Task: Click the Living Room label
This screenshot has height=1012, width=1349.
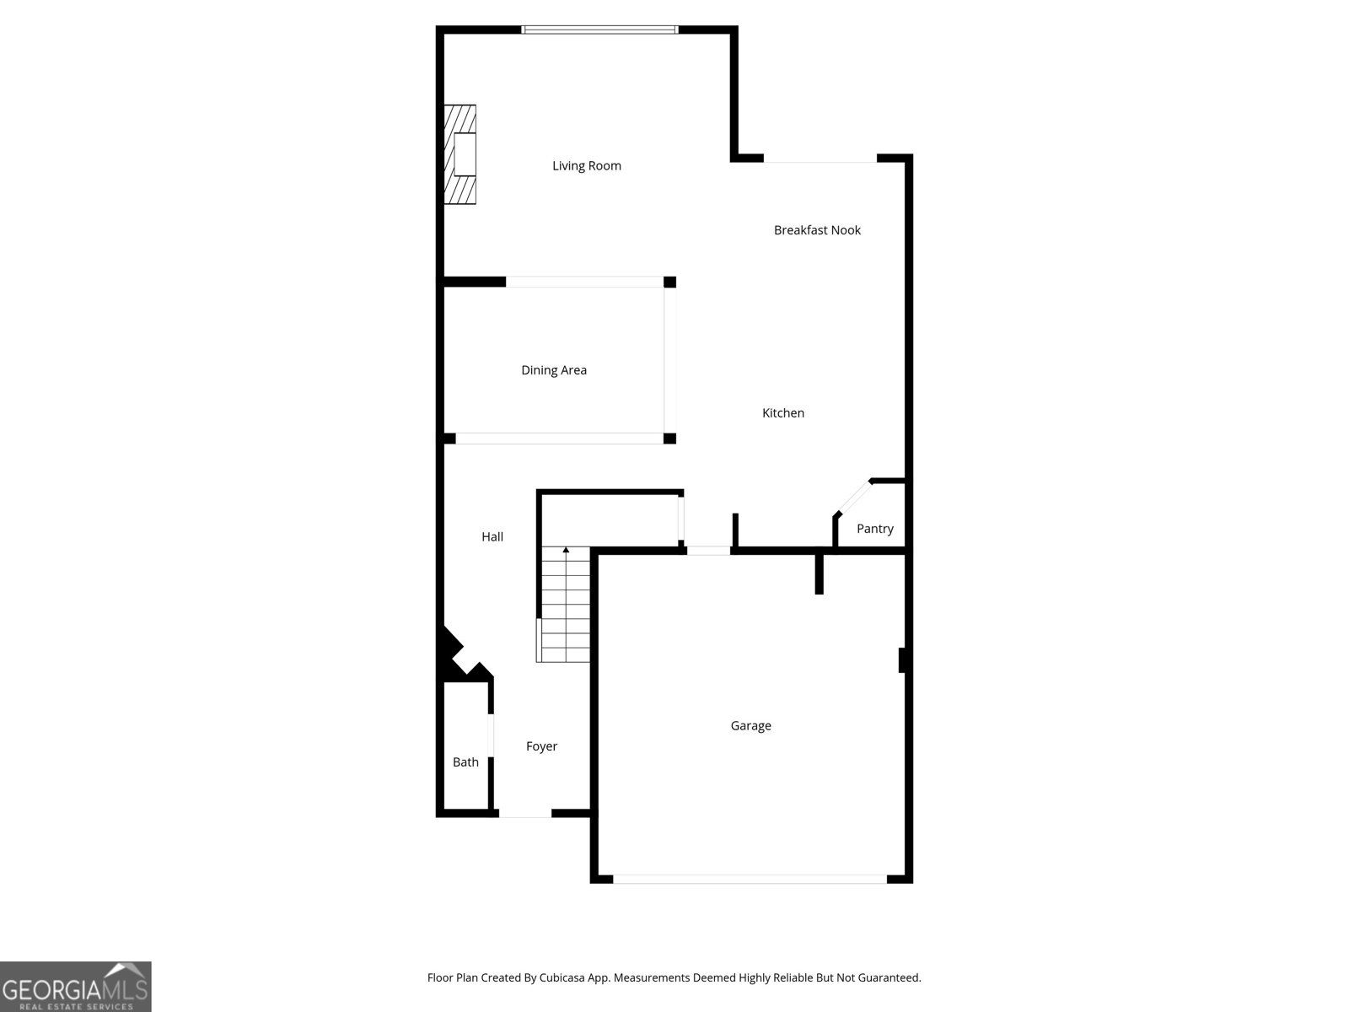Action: coord(587,166)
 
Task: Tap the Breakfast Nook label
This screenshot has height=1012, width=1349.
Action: coord(817,230)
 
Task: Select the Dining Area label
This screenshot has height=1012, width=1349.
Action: coord(554,370)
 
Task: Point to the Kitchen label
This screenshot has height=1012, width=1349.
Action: coord(783,413)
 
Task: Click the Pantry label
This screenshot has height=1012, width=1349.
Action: coord(875,529)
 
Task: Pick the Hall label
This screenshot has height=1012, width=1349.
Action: coord(492,537)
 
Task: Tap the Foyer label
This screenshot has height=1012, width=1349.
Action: coord(541,746)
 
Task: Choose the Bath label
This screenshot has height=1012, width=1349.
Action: coord(465,762)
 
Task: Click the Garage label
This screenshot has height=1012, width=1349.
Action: coord(750,726)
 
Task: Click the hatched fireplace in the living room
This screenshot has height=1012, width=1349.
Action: coord(460,154)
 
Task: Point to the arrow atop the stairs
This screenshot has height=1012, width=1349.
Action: coord(566,551)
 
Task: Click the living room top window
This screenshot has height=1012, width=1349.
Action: coord(599,30)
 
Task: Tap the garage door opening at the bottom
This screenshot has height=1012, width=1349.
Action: coord(750,879)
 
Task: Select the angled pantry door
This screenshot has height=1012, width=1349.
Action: coord(852,497)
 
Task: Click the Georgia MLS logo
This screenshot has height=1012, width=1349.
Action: coord(76,987)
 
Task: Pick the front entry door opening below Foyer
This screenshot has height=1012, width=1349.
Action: coord(525,814)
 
